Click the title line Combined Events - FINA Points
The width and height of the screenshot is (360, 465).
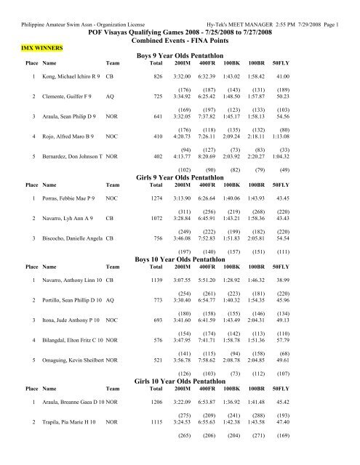coord(180,43)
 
